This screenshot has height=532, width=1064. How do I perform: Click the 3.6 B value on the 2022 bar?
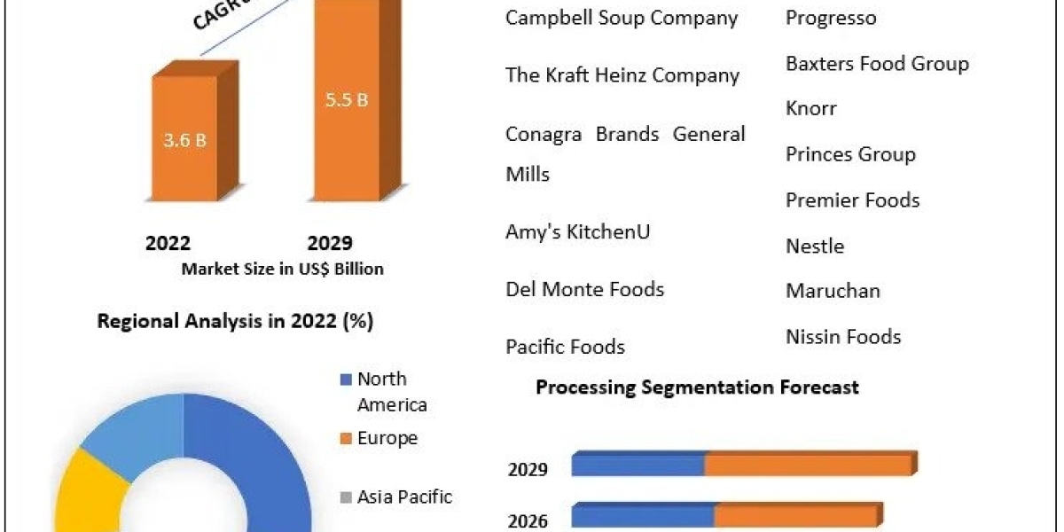(184, 140)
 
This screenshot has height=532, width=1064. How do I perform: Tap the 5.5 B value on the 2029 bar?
(346, 99)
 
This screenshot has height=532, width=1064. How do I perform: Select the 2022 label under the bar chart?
(168, 243)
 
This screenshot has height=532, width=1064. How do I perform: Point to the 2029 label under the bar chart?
(330, 243)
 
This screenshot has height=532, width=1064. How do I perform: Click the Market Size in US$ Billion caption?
(282, 269)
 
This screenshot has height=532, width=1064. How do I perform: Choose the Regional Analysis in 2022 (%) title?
(235, 321)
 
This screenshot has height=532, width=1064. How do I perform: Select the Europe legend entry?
(387, 438)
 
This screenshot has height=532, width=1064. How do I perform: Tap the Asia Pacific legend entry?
(404, 497)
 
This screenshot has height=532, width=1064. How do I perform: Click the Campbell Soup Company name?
(622, 18)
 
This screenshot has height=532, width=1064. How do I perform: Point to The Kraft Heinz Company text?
(622, 75)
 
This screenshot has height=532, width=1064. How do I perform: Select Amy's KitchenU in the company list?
(578, 231)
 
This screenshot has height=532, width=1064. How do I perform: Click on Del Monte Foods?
(585, 289)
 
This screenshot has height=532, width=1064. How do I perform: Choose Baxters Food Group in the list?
(877, 64)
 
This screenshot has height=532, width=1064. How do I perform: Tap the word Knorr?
(811, 109)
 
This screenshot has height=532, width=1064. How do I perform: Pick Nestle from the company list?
(815, 246)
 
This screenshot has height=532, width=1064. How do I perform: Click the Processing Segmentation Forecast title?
(697, 387)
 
